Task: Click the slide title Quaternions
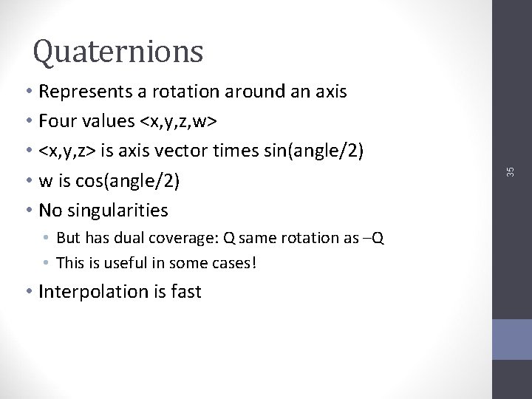(118, 51)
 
